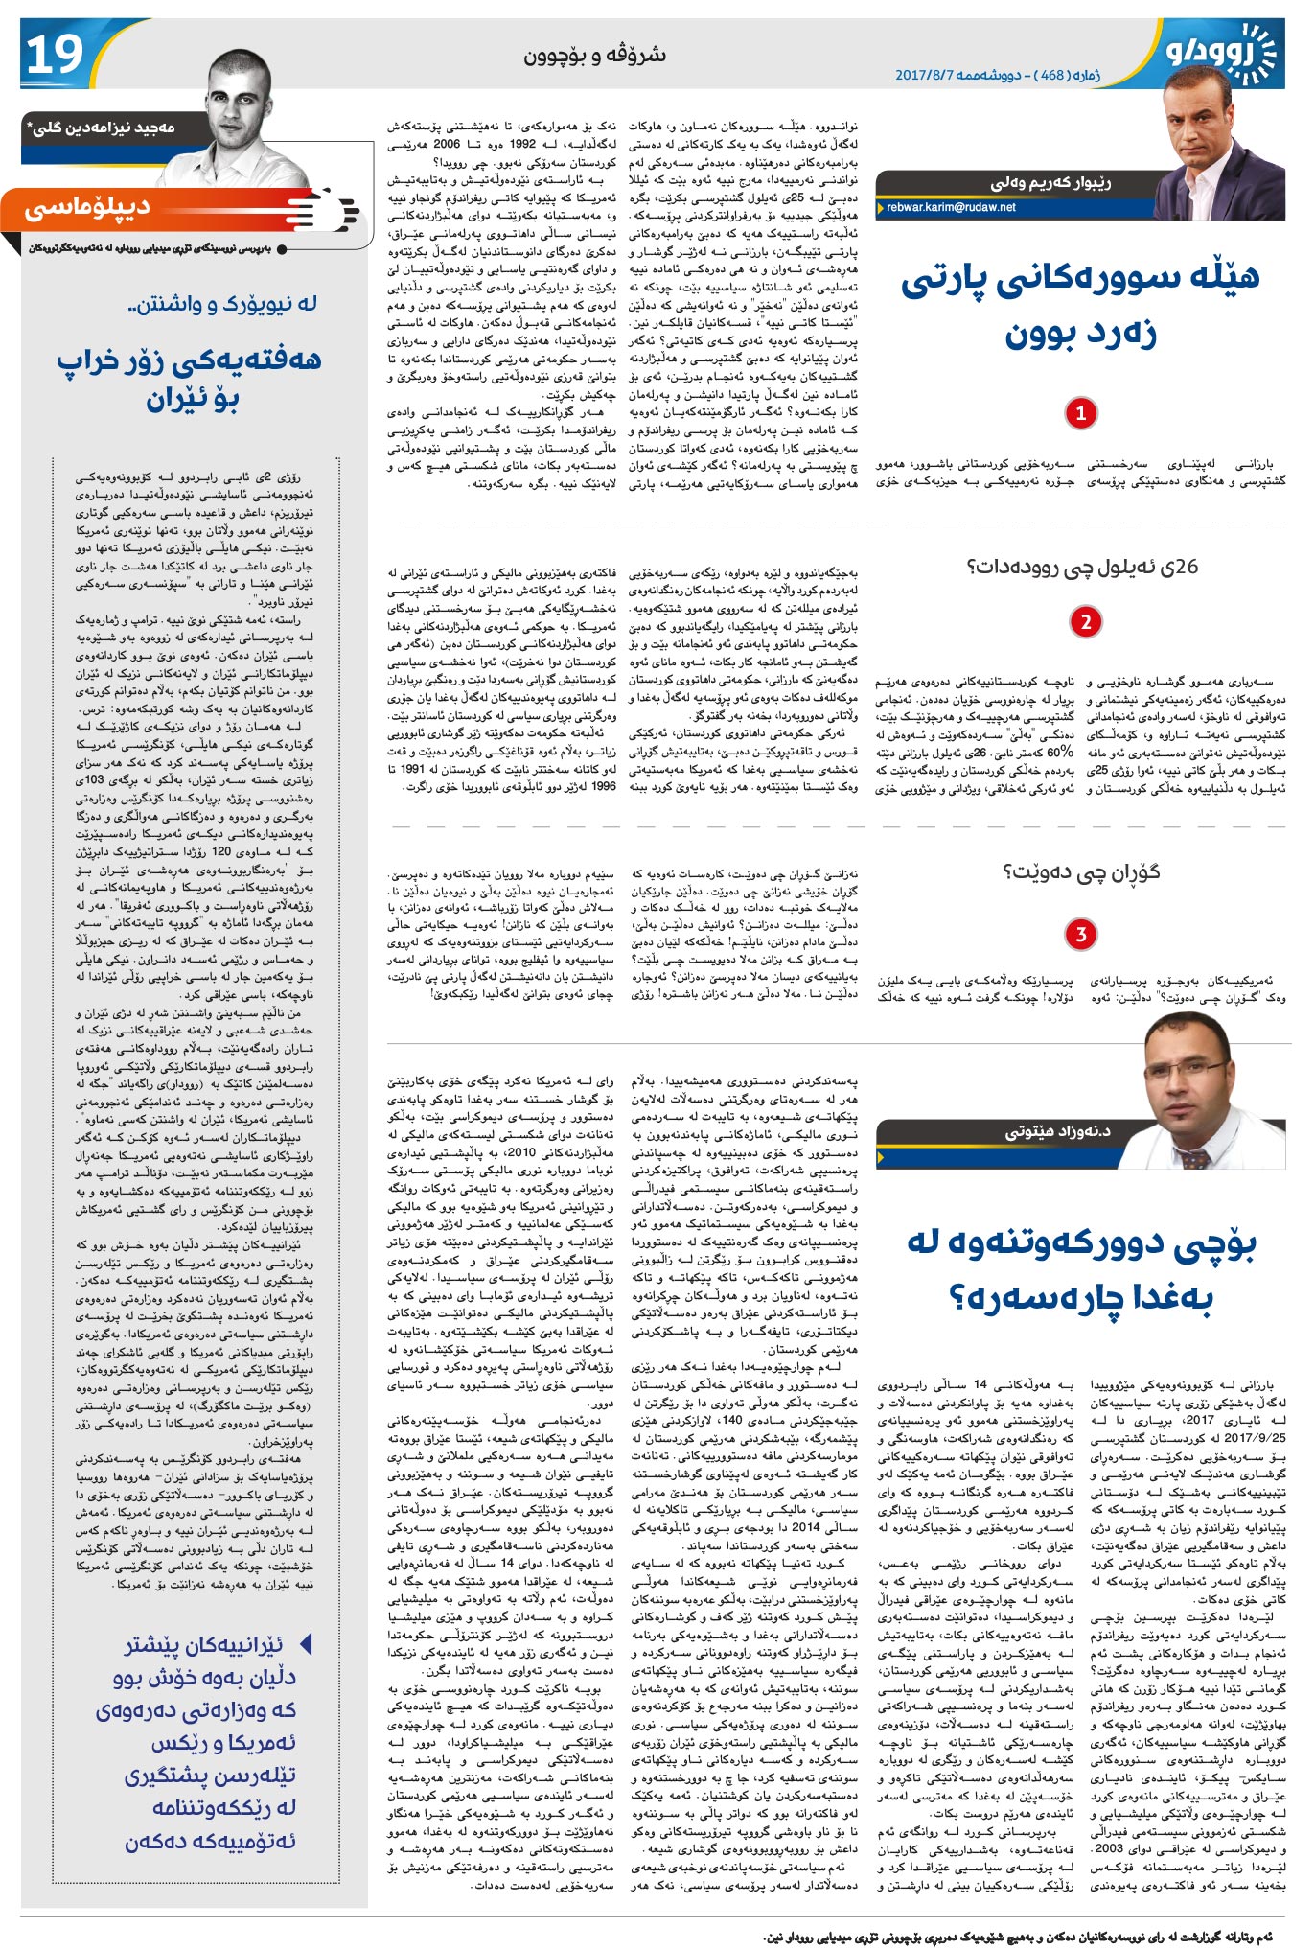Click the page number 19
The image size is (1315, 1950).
pyautogui.click(x=56, y=56)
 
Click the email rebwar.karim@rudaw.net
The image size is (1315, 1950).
pyautogui.click(x=950, y=207)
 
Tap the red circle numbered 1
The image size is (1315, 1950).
pyautogui.click(x=1080, y=413)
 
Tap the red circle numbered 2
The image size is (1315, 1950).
pyautogui.click(x=1085, y=621)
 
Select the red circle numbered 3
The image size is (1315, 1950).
pyautogui.click(x=1080, y=934)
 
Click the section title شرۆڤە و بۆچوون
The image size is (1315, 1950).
pyautogui.click(x=594, y=55)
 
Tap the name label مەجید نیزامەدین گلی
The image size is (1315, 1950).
pyautogui.click(x=101, y=128)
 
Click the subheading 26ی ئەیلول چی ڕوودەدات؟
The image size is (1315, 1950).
pyautogui.click(x=1082, y=568)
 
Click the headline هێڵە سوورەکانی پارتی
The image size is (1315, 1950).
pyautogui.click(x=1080, y=278)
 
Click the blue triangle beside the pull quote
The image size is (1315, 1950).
pyautogui.click(x=306, y=1644)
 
